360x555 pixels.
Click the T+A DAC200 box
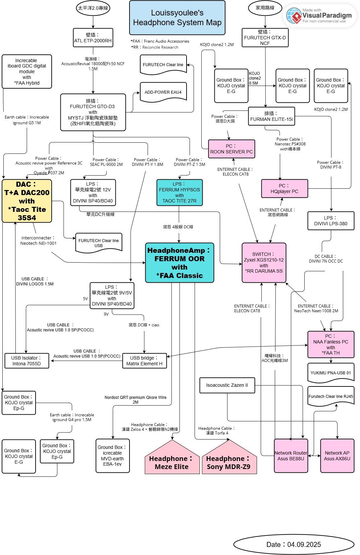tap(27, 201)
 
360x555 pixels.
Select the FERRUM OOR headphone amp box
tap(179, 263)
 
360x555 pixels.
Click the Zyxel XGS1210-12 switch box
tap(264, 263)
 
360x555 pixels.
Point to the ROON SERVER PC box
tap(232, 149)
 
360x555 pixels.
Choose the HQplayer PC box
tap(285, 188)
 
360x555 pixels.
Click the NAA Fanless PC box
tap(331, 344)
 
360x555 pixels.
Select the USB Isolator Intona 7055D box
tap(27, 361)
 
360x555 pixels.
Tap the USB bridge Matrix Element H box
tap(144, 361)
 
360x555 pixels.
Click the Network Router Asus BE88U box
tap(291, 456)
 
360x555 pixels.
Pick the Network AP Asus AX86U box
tap(337, 456)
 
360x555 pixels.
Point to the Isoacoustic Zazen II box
tap(227, 385)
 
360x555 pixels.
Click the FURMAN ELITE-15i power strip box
tap(272, 116)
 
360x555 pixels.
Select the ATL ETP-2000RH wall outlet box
tap(93, 38)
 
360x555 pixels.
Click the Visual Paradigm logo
tap(320, 15)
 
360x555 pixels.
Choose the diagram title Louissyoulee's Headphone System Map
tap(177, 18)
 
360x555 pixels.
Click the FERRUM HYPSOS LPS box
tap(179, 192)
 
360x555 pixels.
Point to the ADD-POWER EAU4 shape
tap(163, 92)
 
